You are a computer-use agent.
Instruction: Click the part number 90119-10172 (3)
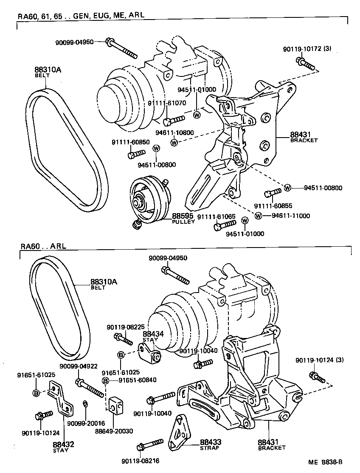pyautogui.click(x=307, y=49)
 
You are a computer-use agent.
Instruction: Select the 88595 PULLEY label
pyautogui.click(x=183, y=218)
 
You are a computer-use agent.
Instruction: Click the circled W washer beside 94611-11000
pyautogui.click(x=258, y=216)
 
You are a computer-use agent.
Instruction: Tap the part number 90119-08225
pyautogui.click(x=125, y=327)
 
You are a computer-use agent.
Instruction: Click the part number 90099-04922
pyautogui.click(x=78, y=366)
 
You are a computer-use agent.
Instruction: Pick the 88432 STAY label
pyautogui.click(x=64, y=447)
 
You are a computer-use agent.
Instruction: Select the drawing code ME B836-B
pyautogui.click(x=325, y=463)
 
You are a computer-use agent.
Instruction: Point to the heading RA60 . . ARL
pyautogui.click(x=43, y=247)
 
